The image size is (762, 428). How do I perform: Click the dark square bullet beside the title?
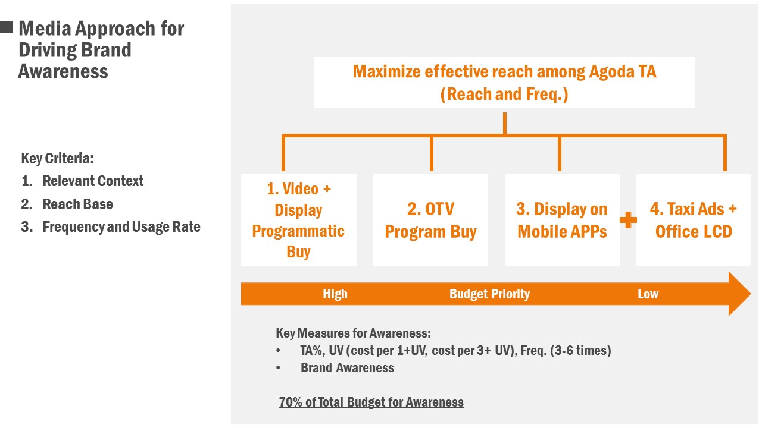pos(6,27)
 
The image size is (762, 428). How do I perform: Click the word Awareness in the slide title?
pos(63,71)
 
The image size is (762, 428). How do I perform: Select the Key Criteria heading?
pos(58,158)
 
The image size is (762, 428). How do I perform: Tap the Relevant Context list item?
pos(92,181)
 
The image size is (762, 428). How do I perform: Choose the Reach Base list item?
pos(77,204)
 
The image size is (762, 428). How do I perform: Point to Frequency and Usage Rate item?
pos(121,227)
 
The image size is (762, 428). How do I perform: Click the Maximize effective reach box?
pos(504,83)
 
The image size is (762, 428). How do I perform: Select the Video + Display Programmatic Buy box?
pos(299,220)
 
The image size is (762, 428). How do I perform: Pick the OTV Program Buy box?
pos(430,220)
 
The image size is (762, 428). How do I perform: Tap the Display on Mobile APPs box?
pos(562,220)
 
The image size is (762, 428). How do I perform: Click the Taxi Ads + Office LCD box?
pos(694,220)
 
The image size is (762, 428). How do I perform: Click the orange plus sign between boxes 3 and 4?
pos(628,220)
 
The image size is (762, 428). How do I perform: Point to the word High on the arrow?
pos(335,294)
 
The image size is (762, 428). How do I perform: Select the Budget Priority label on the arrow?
pos(490,294)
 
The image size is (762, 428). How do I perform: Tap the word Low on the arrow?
pos(648,294)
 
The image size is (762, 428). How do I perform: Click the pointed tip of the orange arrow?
pos(751,294)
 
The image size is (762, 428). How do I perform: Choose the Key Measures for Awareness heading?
pos(353,333)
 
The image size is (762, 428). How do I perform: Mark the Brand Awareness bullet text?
pos(347,367)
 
